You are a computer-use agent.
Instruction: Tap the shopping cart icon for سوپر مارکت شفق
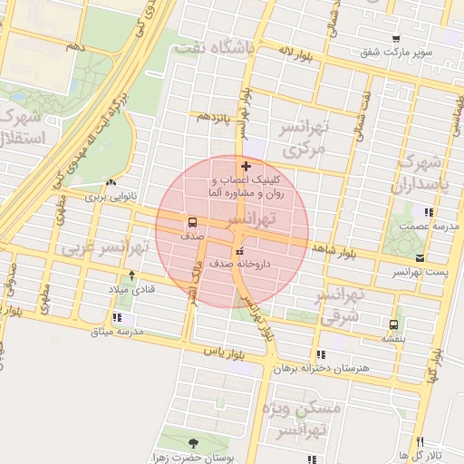click(x=396, y=39)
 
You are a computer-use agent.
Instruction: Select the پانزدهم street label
click(x=215, y=117)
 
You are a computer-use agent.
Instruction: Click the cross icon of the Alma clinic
click(x=246, y=166)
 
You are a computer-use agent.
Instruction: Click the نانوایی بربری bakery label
click(x=109, y=195)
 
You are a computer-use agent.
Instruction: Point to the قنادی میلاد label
click(x=132, y=288)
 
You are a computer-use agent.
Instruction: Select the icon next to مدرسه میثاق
click(x=118, y=317)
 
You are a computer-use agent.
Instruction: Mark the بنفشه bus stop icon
click(x=393, y=324)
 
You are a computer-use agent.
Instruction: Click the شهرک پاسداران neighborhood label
click(x=418, y=176)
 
